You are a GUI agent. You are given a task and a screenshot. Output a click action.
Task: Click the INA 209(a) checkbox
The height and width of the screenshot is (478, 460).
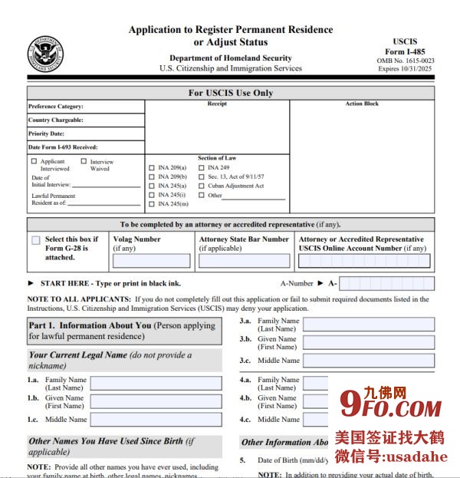pyautogui.click(x=152, y=167)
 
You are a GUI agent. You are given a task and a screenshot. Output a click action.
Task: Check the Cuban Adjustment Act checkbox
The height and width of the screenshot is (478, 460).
pyautogui.click(x=202, y=186)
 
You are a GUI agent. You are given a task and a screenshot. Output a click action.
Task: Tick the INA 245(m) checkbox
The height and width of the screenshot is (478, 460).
pyautogui.click(x=152, y=204)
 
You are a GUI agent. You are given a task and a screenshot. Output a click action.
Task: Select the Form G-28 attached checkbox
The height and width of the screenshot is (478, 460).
pyautogui.click(x=36, y=240)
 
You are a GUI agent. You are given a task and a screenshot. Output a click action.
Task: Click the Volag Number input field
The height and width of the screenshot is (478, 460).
pyautogui.click(x=151, y=261)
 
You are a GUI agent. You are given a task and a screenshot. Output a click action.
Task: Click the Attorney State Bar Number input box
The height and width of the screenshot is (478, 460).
pyautogui.click(x=244, y=261)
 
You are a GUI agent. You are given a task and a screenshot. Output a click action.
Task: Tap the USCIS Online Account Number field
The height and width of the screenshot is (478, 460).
pyautogui.click(x=364, y=261)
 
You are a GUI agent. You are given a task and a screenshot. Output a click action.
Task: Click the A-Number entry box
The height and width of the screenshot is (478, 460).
pyautogui.click(x=386, y=283)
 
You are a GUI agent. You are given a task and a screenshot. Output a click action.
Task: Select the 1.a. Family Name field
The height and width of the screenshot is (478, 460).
pyautogui.click(x=156, y=383)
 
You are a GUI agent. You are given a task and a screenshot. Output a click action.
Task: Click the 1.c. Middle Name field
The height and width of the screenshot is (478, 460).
pyautogui.click(x=156, y=420)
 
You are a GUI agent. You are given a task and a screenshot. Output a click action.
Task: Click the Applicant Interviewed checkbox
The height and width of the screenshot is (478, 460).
pyautogui.click(x=34, y=161)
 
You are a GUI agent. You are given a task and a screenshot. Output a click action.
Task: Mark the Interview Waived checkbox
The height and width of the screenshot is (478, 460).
pyautogui.click(x=84, y=161)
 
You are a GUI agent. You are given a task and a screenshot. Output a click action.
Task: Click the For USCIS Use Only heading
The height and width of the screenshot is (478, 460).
pyautogui.click(x=230, y=93)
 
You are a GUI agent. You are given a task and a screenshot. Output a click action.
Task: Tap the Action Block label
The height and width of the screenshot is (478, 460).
pyautogui.click(x=361, y=104)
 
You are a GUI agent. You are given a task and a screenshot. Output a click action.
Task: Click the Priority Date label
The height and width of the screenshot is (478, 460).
pyautogui.click(x=45, y=134)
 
